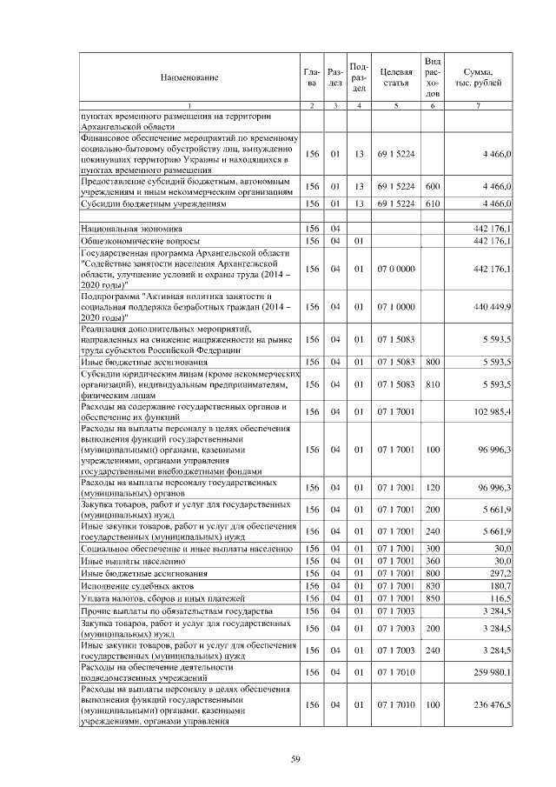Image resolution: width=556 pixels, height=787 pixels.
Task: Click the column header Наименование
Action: click(189, 78)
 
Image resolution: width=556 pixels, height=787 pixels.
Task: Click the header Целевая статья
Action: click(395, 78)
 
